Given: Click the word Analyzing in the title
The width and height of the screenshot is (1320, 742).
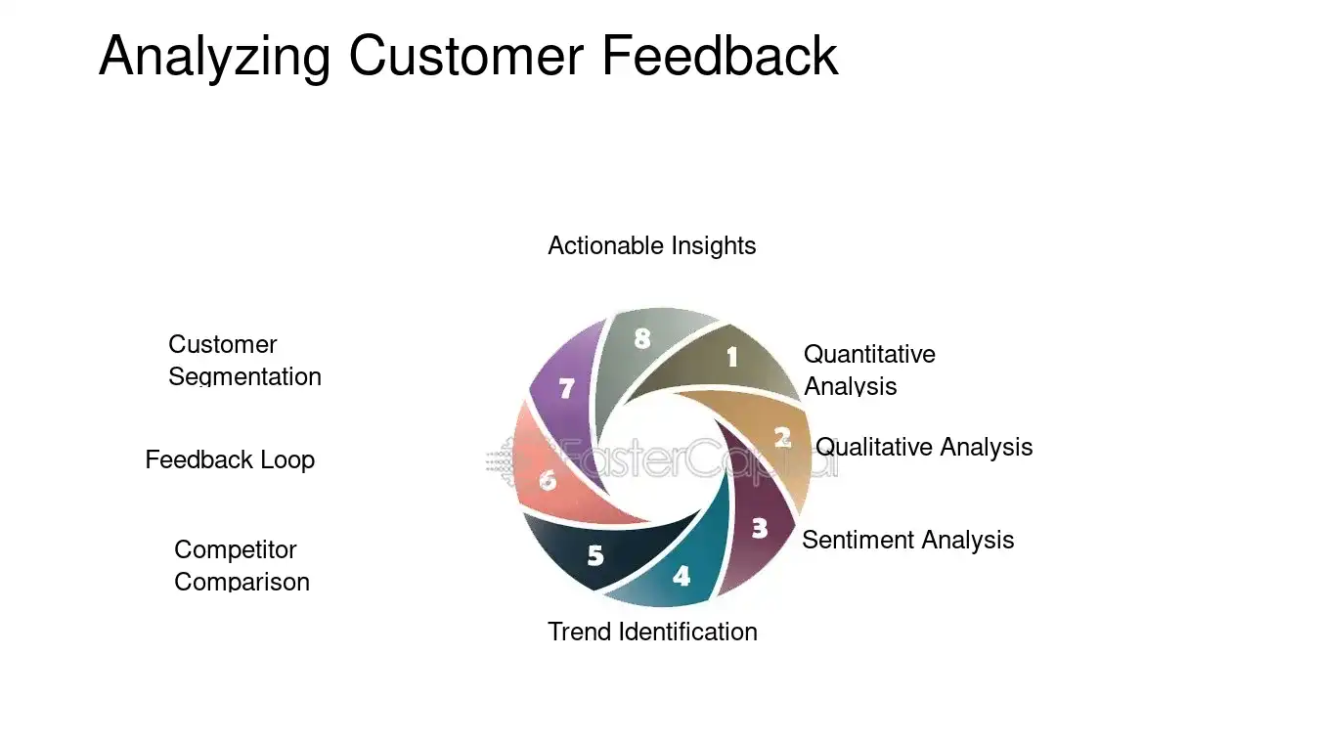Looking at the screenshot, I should coord(214,56).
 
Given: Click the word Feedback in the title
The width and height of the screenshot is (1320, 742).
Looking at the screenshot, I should coord(720,56).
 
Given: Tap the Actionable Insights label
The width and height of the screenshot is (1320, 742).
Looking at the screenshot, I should coord(651,245).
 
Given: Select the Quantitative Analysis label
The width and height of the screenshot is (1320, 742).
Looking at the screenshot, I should coord(868,370).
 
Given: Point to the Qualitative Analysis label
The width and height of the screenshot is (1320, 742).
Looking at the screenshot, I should coord(923,447).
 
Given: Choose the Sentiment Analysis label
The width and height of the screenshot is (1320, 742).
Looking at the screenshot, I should coord(907,540).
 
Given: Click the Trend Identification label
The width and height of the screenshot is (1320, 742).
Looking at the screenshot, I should coord(652,632).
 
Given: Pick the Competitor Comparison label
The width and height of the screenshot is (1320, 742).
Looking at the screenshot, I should coord(241,565).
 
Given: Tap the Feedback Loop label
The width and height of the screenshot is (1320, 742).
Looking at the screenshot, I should coord(230,459).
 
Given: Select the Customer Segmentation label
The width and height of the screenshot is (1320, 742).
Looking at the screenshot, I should coord(243,360).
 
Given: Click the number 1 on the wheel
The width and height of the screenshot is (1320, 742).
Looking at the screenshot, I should coord(731,358).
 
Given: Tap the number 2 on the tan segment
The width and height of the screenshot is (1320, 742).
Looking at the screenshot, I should coord(782,437).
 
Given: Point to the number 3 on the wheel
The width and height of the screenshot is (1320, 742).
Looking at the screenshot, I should coord(760,529).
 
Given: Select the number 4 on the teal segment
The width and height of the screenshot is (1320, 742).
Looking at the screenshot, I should coord(682,576).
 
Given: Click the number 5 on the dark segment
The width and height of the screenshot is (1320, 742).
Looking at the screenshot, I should coord(595,555).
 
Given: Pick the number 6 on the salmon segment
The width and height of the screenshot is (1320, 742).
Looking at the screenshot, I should coord(548,480).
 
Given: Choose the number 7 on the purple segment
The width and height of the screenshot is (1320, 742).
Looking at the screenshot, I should coord(566,388).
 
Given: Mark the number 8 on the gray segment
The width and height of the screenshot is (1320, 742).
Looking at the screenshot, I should coord(641,338).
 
